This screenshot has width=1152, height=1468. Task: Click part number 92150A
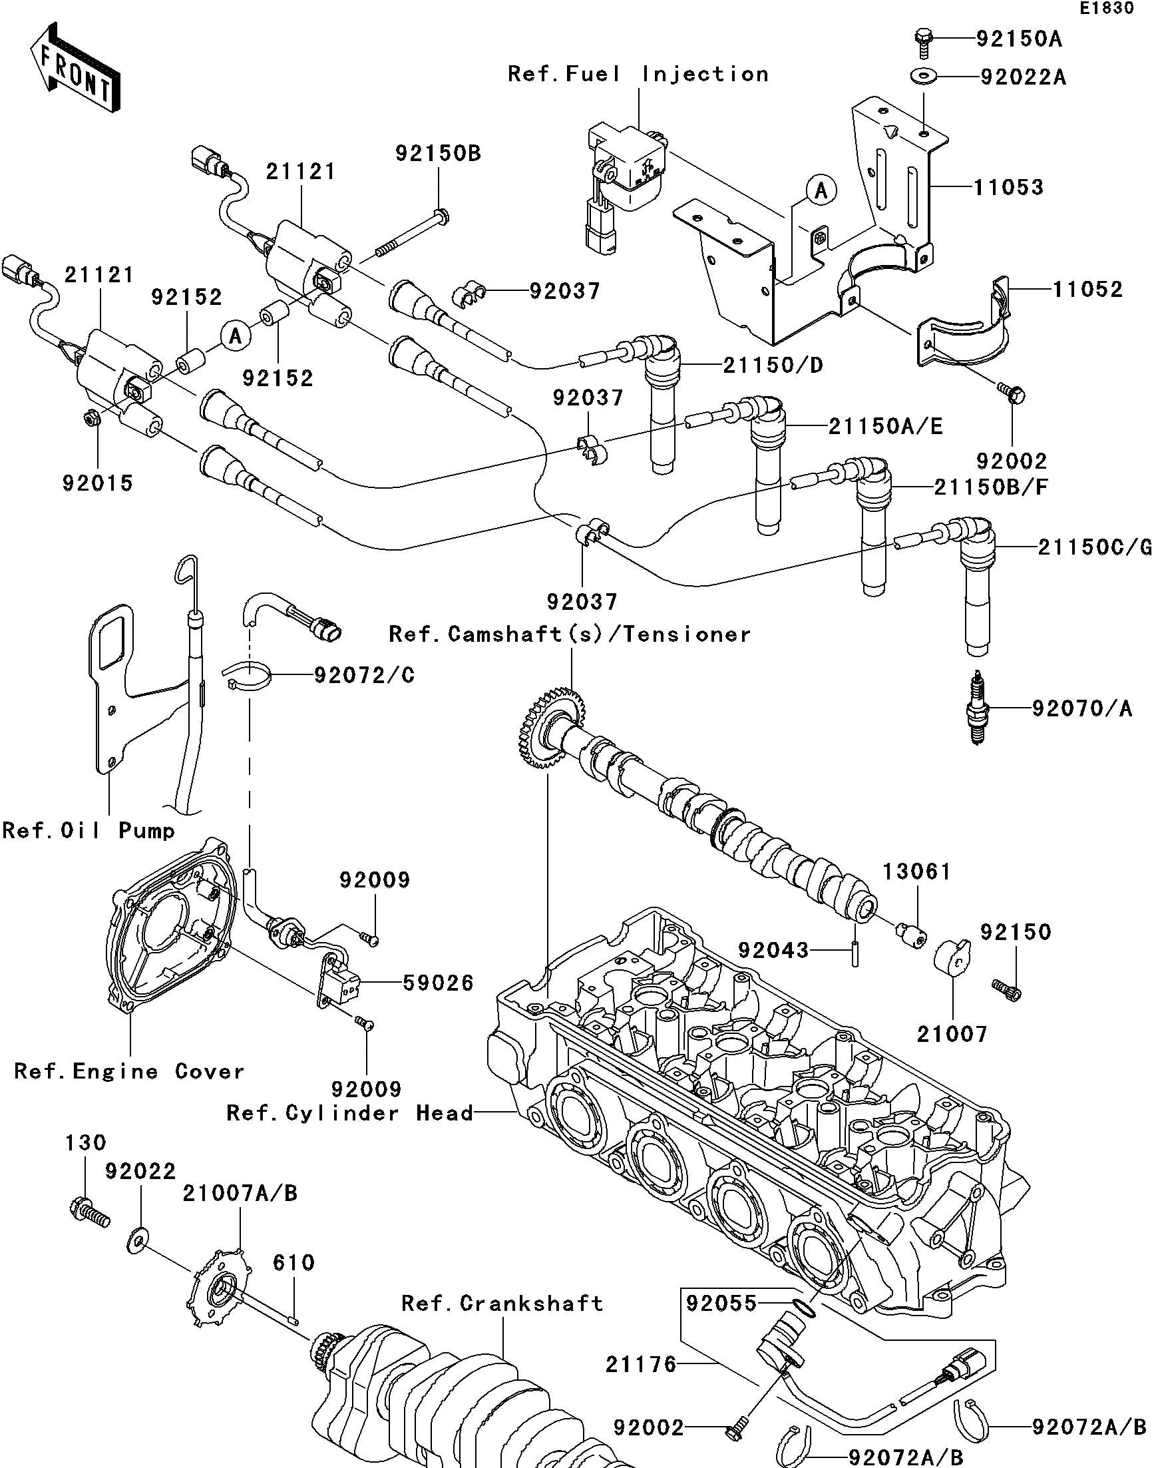(x=1019, y=39)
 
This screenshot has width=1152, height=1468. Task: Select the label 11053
(x=1008, y=187)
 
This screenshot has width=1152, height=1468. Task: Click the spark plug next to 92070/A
(x=976, y=708)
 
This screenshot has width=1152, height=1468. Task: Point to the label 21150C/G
(x=1093, y=548)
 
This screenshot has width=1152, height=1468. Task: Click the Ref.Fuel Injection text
(x=638, y=73)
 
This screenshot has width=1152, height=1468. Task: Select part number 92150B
(x=439, y=154)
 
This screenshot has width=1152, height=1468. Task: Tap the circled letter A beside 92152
(x=235, y=336)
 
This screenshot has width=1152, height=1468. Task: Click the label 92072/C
(x=364, y=675)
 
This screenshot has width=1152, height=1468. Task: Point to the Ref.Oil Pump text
(x=89, y=830)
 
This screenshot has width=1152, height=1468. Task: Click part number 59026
(x=439, y=983)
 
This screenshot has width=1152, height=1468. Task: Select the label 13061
(x=916, y=871)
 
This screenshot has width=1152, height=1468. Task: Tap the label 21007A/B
(x=240, y=1194)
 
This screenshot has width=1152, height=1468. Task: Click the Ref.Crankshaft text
(x=502, y=1303)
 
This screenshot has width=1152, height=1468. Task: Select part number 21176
(x=641, y=1364)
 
